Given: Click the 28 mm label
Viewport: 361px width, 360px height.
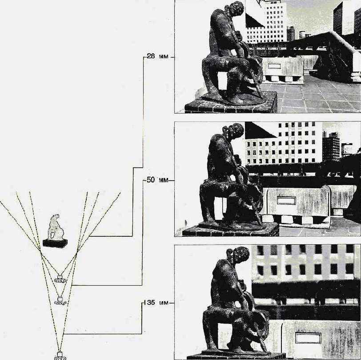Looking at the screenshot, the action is point(157,56).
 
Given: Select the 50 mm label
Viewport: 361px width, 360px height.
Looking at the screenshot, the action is point(157,180).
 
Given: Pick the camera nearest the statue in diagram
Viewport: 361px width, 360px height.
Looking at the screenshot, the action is point(60,279).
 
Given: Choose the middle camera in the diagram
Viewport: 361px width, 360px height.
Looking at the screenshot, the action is point(60,300).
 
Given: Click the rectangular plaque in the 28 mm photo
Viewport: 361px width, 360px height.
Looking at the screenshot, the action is point(274,66).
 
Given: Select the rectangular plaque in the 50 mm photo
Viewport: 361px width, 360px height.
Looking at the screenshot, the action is point(286,200).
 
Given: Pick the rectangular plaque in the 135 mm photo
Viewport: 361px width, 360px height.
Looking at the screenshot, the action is point(308,338).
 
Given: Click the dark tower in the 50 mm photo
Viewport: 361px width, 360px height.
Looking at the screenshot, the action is point(331,144).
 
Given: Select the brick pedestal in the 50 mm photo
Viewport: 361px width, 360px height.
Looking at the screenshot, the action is point(231,231).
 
